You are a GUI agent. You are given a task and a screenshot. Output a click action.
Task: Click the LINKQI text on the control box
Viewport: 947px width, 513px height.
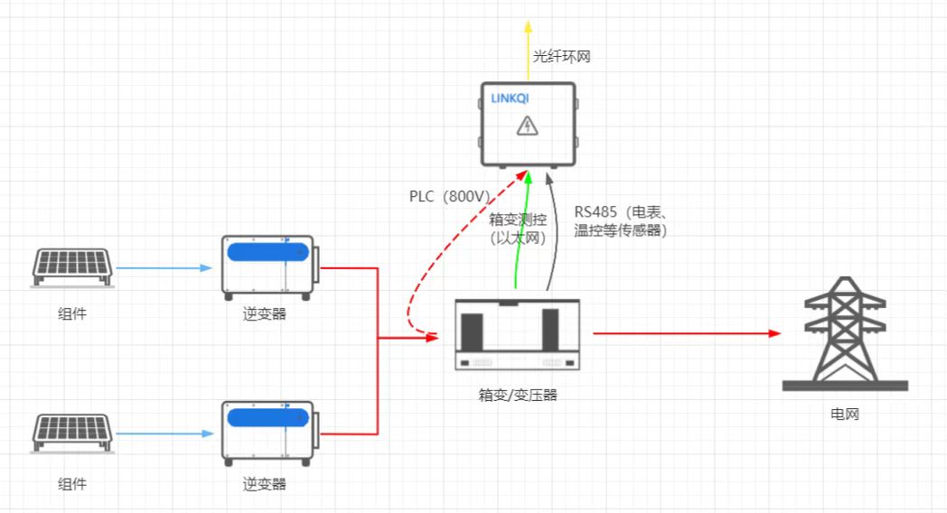tap(510, 98)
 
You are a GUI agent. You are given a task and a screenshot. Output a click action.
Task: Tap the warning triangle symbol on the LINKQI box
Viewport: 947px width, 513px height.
tap(526, 126)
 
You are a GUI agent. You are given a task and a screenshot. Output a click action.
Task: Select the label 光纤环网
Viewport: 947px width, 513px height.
tap(561, 57)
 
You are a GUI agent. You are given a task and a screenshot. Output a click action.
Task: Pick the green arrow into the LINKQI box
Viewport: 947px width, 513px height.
tap(521, 235)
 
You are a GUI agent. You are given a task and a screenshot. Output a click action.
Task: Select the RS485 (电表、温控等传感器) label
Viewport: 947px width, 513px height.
tap(620, 222)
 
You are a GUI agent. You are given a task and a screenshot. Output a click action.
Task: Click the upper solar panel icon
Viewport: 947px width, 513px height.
tap(73, 267)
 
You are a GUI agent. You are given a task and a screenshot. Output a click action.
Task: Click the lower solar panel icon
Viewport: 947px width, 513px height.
tap(73, 433)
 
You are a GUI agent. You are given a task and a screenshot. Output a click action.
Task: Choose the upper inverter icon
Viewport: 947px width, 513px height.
tap(268, 267)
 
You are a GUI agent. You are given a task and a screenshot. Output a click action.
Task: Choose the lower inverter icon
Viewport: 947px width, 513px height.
tap(268, 433)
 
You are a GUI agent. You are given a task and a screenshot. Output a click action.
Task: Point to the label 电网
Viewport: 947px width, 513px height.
tap(845, 415)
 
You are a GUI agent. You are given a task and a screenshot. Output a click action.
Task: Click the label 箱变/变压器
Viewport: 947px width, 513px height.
tap(517, 395)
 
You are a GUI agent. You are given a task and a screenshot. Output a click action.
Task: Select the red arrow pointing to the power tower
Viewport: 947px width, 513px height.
tap(686, 333)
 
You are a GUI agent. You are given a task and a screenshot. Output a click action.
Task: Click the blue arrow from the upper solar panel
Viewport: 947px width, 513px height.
tap(163, 268)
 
